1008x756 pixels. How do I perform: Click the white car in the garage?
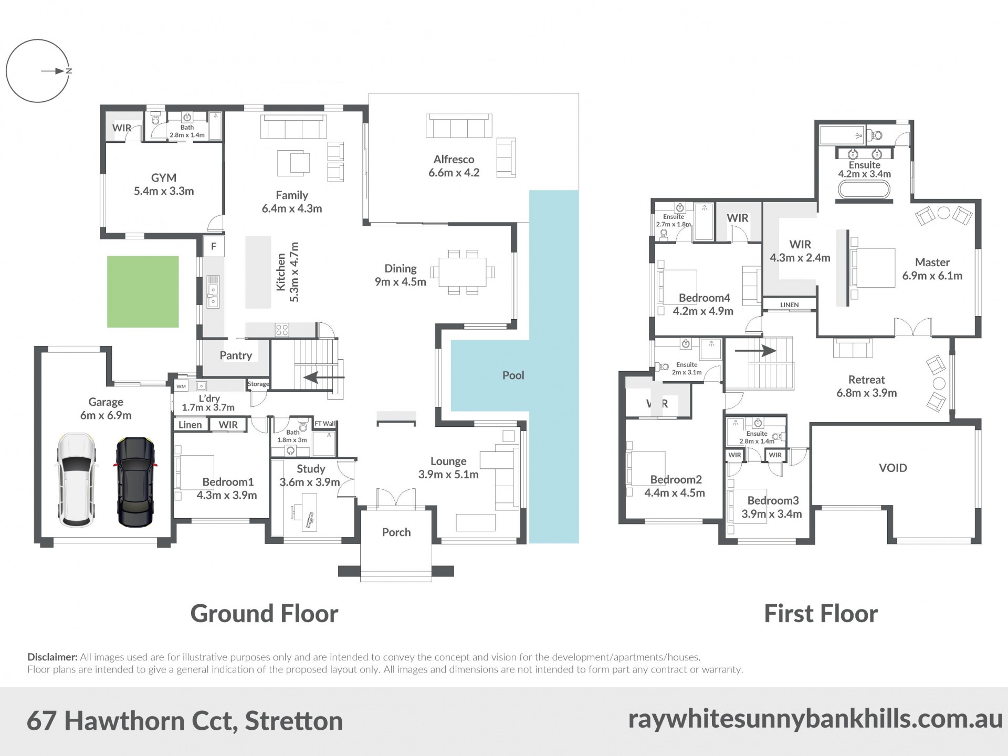click(77, 480)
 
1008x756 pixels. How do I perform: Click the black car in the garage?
click(134, 481)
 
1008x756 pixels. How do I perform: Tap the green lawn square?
click(143, 292)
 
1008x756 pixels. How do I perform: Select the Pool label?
click(513, 375)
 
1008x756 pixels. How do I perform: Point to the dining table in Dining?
click(463, 272)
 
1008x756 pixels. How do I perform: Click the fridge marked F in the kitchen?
click(214, 246)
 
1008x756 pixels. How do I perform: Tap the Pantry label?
click(236, 355)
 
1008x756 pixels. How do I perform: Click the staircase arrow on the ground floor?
click(324, 377)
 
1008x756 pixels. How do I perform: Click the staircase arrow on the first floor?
click(755, 350)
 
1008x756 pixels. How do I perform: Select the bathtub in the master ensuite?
click(864, 189)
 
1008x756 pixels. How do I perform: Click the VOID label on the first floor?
click(892, 468)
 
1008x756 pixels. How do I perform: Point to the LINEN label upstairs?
click(789, 305)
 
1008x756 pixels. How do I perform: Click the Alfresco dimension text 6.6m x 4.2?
click(454, 173)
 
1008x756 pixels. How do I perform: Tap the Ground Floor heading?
click(264, 613)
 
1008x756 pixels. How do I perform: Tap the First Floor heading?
click(821, 613)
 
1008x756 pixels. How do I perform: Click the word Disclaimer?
click(52, 657)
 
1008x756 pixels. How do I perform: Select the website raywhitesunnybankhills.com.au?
click(815, 719)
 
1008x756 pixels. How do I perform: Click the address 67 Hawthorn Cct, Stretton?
click(185, 721)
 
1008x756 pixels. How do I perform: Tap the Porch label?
click(396, 532)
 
